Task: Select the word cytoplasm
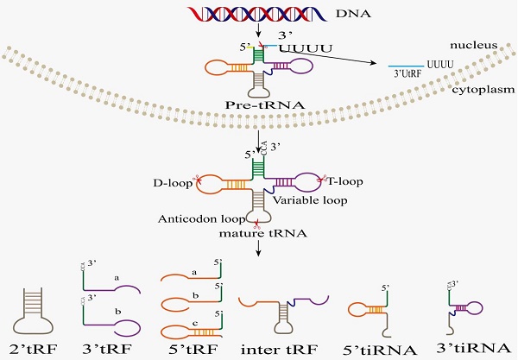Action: [483, 89]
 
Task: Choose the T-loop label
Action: [344, 181]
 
